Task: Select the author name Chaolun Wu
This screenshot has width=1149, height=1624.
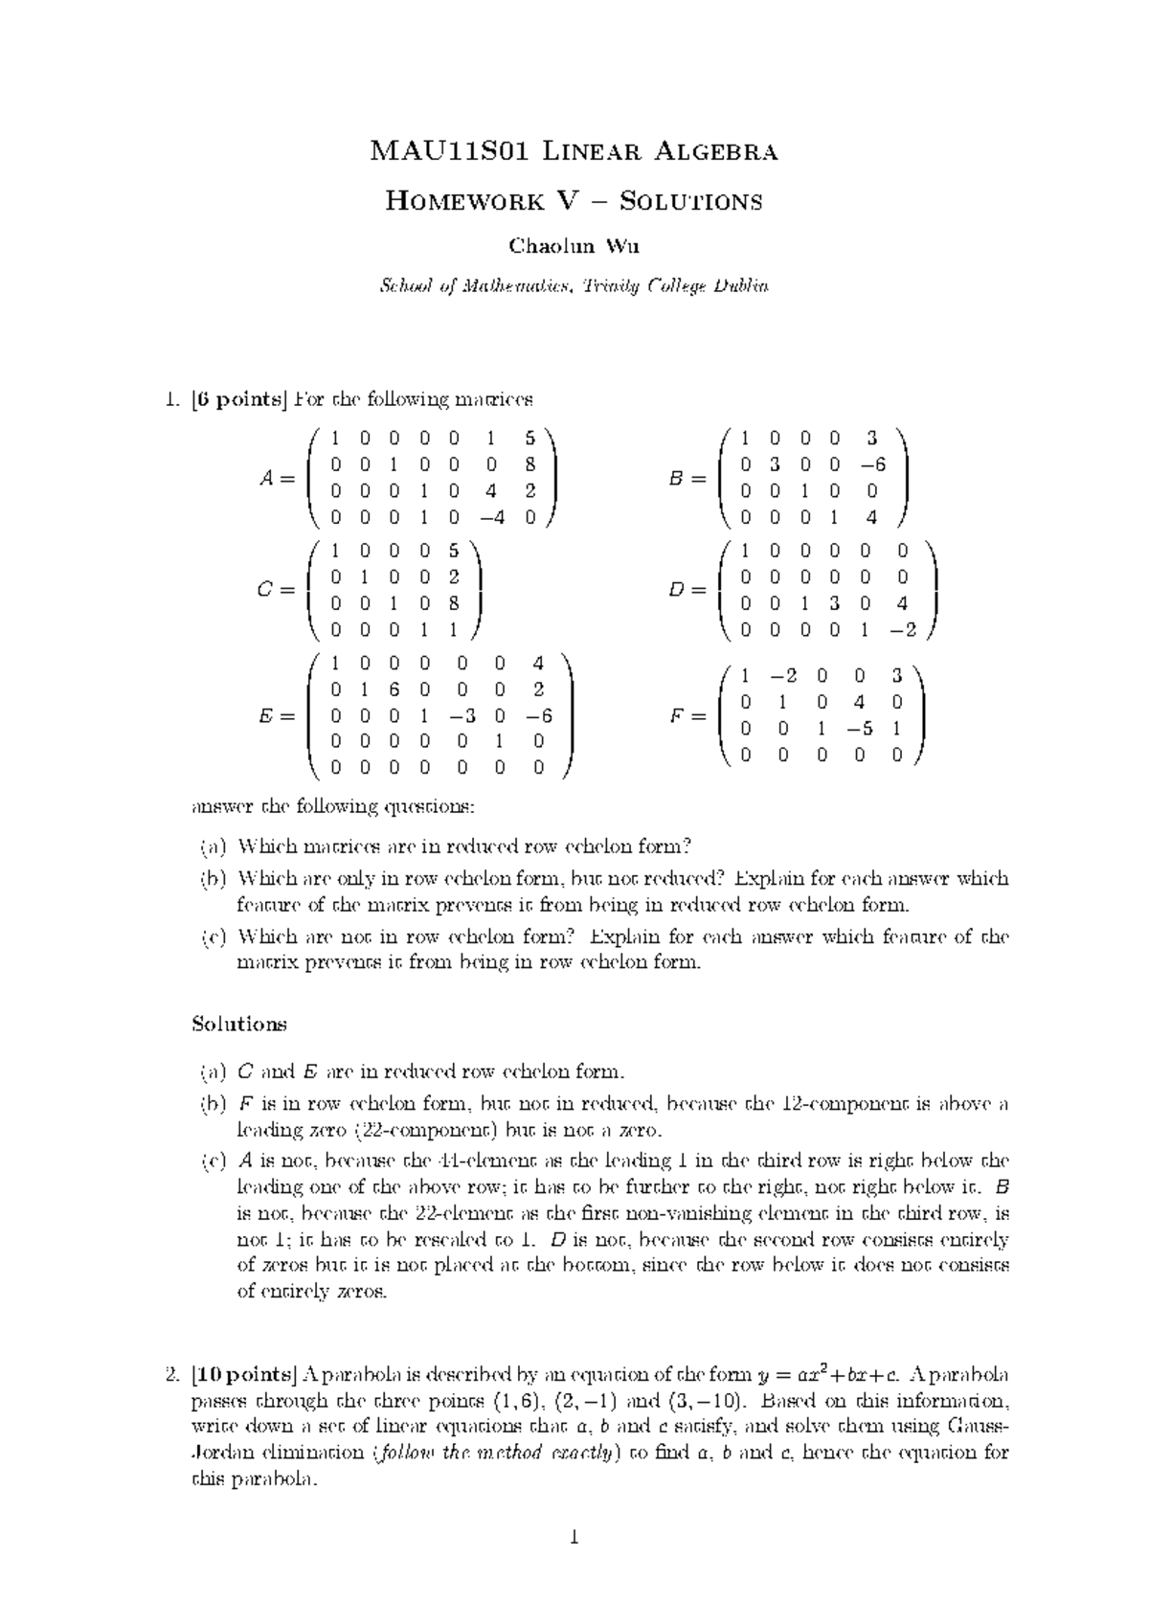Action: pos(574,245)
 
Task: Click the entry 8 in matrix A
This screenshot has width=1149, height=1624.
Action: pos(529,465)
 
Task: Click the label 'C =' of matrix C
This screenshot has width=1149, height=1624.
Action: pos(276,591)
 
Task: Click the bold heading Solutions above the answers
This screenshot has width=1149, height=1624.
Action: pos(239,1024)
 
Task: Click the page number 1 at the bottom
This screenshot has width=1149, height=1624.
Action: pos(574,1539)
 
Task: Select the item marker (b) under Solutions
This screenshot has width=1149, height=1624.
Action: pos(211,1103)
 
